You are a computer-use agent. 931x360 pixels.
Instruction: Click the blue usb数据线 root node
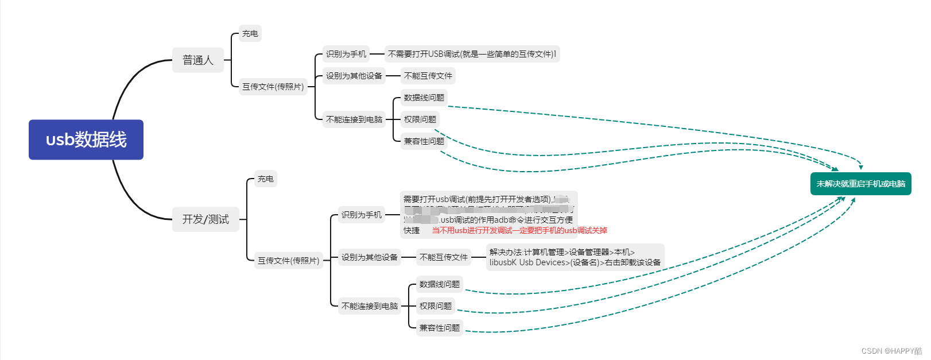[86, 140]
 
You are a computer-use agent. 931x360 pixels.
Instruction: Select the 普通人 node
[198, 60]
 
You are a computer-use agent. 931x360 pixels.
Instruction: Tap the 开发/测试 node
[205, 219]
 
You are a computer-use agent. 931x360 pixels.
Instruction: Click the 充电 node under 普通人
[250, 33]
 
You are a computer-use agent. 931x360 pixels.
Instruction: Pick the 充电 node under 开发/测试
[265, 179]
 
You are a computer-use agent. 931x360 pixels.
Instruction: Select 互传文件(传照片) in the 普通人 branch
[273, 87]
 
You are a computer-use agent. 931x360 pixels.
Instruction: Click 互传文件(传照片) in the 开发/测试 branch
[288, 261]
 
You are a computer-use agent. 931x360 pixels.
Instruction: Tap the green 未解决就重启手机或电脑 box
[860, 184]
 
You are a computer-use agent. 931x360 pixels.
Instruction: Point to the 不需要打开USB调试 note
[472, 54]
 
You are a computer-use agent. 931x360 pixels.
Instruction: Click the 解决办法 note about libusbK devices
[575, 257]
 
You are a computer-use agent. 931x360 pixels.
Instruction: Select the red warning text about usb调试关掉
[519, 230]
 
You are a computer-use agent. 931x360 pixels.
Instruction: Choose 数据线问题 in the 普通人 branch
[424, 98]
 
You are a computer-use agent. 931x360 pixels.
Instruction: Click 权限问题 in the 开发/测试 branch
[435, 306]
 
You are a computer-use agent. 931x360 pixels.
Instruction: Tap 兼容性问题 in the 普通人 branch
[424, 141]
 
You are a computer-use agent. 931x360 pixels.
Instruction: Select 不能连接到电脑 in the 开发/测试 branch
[369, 306]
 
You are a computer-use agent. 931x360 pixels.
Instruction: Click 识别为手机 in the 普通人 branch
[346, 54]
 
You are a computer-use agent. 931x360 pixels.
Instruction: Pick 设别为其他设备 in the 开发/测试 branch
[369, 257]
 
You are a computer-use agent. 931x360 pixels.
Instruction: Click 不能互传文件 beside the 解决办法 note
[444, 257]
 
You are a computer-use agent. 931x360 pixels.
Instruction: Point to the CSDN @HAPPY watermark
[891, 351]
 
